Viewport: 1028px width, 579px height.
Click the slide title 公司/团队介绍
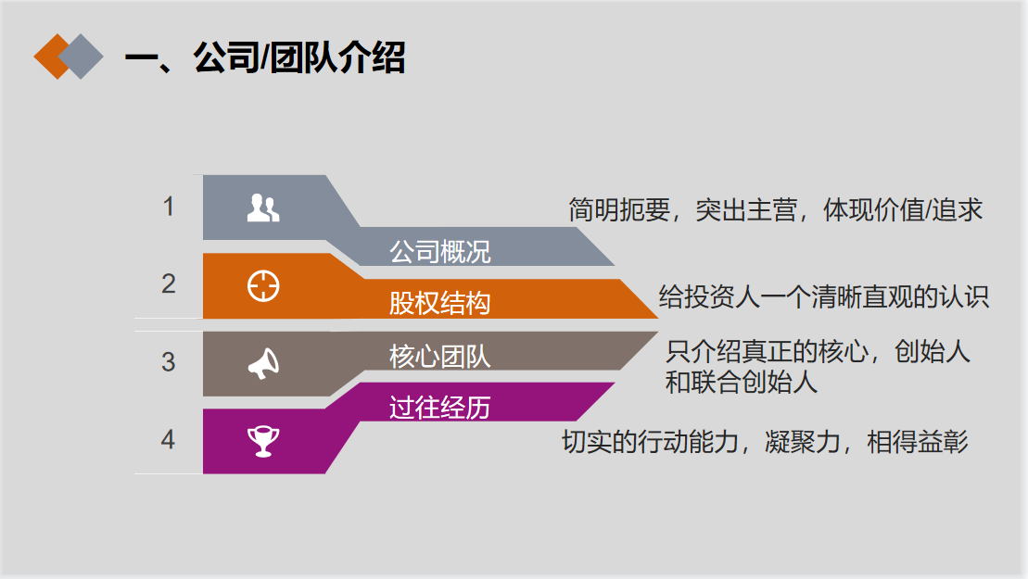tap(299, 57)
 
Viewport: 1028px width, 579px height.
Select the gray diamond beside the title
tap(82, 57)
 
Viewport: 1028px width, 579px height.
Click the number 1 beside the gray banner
tap(169, 207)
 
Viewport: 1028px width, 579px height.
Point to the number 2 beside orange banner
tap(169, 283)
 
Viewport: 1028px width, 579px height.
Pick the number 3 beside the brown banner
tap(169, 361)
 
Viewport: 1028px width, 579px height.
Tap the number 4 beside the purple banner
tap(169, 439)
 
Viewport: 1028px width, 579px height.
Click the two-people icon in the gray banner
tap(263, 208)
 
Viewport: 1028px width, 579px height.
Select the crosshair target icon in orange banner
tap(263, 286)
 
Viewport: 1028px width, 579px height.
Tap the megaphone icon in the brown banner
tap(263, 363)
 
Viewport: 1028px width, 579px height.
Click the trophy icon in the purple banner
tap(263, 442)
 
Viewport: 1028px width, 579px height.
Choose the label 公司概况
tap(440, 251)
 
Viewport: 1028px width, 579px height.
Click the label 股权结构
tap(440, 303)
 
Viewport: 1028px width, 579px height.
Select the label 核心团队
tap(440, 357)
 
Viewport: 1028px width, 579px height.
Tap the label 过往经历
tap(440, 408)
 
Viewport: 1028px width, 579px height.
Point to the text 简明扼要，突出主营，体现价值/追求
tap(776, 210)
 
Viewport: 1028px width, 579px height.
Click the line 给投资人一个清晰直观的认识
tap(823, 296)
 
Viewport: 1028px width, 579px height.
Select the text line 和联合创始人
tap(742, 382)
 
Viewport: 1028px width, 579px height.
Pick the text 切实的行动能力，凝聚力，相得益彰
tap(765, 442)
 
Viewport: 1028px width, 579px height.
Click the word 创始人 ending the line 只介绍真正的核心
tap(933, 352)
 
